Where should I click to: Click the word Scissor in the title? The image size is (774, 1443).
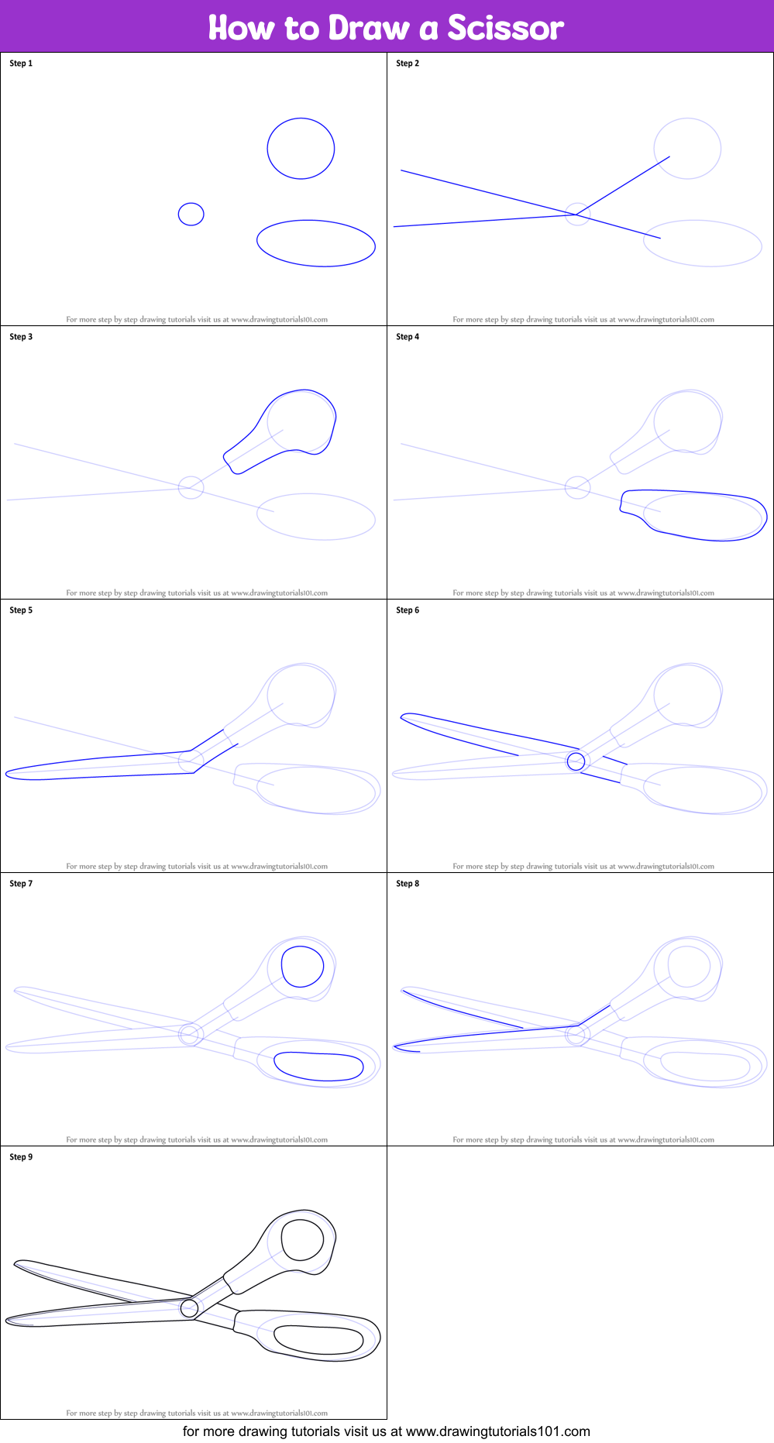tap(505, 28)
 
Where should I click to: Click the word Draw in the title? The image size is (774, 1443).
tap(368, 28)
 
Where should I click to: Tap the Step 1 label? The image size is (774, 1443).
tap(21, 64)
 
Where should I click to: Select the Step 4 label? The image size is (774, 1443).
tap(408, 337)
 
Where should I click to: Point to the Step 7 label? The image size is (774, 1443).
tap(21, 884)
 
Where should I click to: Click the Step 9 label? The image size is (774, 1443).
tap(21, 1157)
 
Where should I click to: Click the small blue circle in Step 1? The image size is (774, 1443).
tap(191, 214)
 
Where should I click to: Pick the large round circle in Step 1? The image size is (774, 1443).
tap(301, 149)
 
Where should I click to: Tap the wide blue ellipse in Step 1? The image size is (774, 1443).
tap(316, 243)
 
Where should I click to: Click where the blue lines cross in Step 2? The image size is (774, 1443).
tap(575, 215)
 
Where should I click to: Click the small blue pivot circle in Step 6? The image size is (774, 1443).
tap(575, 761)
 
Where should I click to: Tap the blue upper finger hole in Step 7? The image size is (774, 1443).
tap(302, 966)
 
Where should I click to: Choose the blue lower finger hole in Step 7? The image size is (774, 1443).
tap(318, 1067)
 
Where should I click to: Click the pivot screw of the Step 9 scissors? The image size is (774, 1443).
tap(189, 1308)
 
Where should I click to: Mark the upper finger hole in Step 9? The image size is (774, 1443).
tap(302, 1240)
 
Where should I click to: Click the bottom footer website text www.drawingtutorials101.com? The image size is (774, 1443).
tap(497, 1431)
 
